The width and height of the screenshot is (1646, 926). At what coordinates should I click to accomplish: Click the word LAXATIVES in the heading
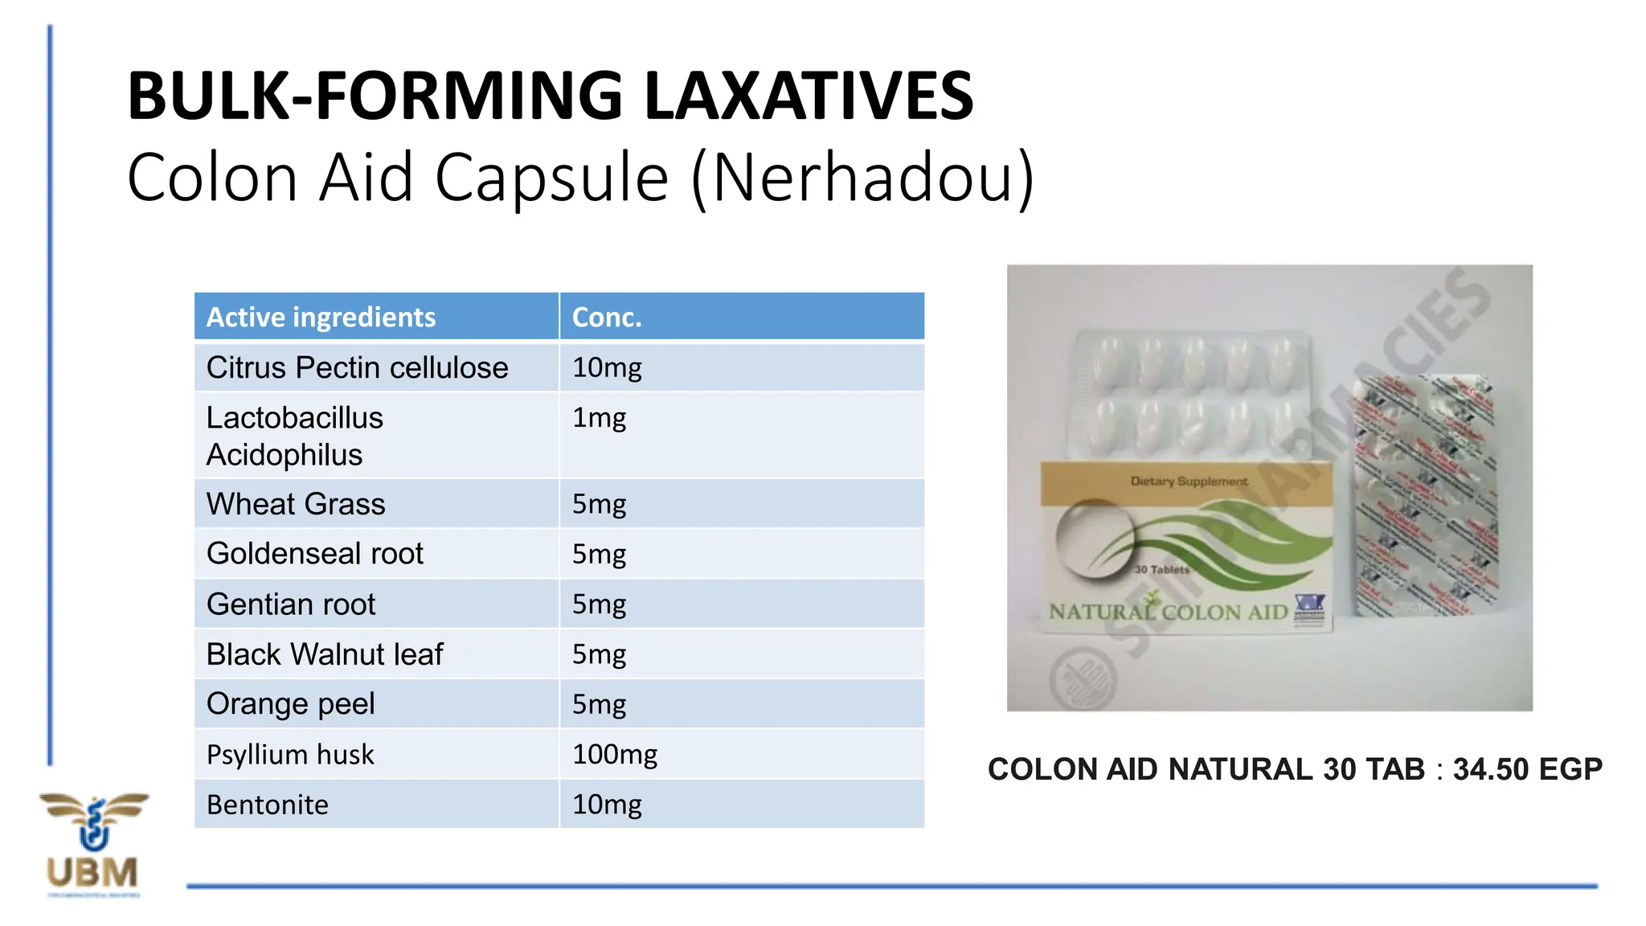(809, 96)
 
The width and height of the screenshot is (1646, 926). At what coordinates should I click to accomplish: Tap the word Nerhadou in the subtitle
(862, 178)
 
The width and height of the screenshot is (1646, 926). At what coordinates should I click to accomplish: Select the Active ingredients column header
(321, 318)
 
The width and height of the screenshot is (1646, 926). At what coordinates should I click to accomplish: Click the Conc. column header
(607, 318)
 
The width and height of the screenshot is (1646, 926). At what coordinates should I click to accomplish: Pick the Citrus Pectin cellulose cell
(357, 368)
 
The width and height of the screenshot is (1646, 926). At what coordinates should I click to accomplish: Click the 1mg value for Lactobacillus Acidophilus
(599, 418)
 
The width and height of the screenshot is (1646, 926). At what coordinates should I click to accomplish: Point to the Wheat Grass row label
(296, 505)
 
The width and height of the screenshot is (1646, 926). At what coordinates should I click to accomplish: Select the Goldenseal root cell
(314, 554)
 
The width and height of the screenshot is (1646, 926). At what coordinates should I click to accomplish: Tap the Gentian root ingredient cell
(290, 604)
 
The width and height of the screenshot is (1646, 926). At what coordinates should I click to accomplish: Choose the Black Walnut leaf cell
(324, 654)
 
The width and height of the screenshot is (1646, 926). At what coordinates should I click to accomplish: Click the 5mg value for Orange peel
(599, 704)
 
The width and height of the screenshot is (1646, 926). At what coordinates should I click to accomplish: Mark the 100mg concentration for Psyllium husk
(614, 755)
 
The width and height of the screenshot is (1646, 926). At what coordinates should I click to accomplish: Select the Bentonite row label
(267, 805)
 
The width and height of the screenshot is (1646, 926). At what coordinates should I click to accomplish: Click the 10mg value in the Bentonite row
(607, 805)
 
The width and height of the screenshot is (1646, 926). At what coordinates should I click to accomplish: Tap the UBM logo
(93, 844)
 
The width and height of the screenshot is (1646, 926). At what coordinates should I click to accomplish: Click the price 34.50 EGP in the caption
(1527, 769)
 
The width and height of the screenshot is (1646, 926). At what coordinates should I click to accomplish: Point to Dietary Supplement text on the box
(1189, 481)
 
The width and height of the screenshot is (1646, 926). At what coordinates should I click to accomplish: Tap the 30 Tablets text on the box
(1161, 570)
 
